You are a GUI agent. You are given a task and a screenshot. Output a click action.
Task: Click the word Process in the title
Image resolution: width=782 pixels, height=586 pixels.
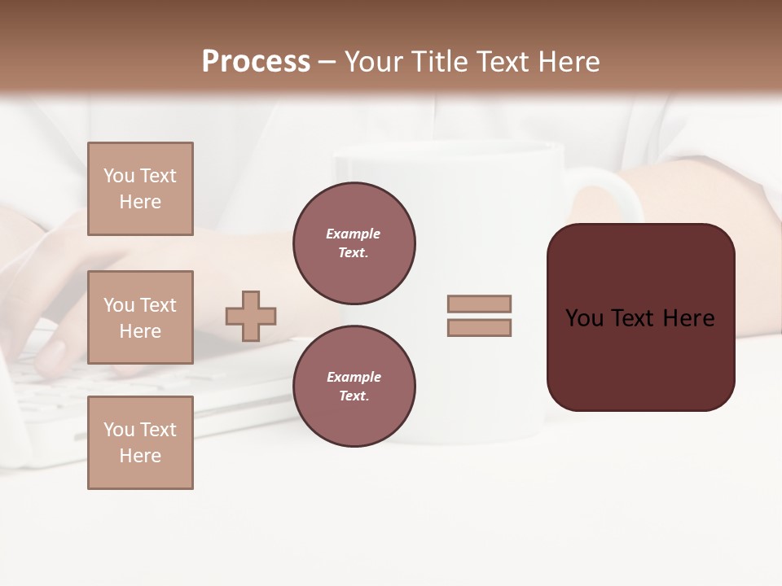256,62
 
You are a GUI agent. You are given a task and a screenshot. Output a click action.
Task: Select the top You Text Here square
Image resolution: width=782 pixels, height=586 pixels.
140,189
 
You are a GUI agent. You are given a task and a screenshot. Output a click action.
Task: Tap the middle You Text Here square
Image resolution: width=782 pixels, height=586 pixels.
140,317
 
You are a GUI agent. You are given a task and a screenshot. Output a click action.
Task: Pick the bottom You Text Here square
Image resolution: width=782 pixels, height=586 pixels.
140,443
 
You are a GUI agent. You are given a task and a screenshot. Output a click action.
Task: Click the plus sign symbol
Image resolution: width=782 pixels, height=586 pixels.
251,316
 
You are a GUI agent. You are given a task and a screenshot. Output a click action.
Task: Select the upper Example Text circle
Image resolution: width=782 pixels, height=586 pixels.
354,243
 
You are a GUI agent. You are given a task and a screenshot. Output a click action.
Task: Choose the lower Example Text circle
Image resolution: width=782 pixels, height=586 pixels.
354,387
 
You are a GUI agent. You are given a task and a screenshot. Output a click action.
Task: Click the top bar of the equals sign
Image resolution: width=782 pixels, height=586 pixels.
479,304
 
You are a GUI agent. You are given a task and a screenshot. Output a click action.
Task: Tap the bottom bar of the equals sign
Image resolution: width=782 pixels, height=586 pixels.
479,328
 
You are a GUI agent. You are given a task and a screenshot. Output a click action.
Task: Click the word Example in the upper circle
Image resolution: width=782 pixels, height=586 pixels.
353,234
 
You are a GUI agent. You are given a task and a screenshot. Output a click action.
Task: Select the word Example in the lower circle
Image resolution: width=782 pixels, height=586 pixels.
353,377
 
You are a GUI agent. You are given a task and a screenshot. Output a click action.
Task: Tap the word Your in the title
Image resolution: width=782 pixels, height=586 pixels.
373,62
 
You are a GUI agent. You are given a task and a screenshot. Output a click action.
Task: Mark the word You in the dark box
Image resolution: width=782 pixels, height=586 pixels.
584,318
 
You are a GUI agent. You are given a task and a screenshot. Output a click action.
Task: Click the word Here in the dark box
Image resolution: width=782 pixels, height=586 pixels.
688,318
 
